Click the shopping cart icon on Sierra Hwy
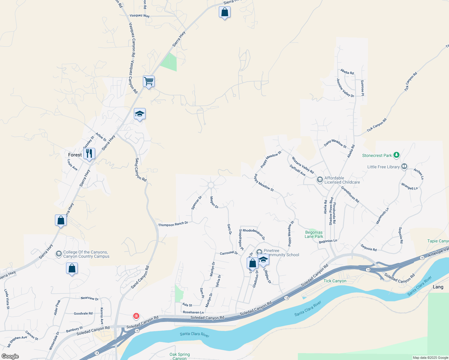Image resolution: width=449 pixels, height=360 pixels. [x=149, y=81]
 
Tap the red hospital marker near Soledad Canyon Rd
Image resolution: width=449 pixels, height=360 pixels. [x=136, y=316]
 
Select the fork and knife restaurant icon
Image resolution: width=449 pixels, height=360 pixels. [x=89, y=154]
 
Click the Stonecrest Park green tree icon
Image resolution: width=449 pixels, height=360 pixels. [x=397, y=155]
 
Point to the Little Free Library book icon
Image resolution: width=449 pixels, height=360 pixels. [x=404, y=166]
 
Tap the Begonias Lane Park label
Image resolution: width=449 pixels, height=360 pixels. [x=314, y=234]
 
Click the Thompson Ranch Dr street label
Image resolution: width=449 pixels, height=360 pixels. [x=173, y=224]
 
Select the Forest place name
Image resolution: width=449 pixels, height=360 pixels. [x=75, y=155]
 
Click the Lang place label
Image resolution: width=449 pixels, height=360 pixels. [x=438, y=287]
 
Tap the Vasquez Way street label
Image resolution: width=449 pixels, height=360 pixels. [x=140, y=16]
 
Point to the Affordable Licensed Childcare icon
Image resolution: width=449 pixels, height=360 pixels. [x=320, y=180]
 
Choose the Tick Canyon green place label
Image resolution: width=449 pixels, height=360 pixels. [x=335, y=281]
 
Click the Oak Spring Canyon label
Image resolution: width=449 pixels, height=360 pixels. [x=179, y=356]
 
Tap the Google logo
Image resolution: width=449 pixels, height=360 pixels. [x=10, y=356]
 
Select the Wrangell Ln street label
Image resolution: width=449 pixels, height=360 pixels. [x=409, y=186]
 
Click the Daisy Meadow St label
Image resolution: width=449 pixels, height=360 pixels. [x=335, y=144]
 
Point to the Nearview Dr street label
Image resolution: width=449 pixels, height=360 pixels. [x=89, y=298]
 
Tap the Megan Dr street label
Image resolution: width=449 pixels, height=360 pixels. [x=214, y=202]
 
